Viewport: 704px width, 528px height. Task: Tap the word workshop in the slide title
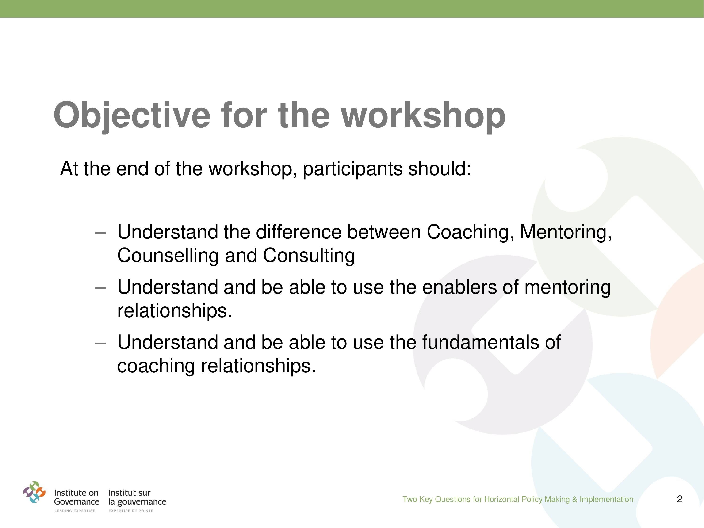tap(423, 115)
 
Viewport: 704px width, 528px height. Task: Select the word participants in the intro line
tap(352, 169)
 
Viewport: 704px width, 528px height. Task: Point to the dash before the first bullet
tap(100, 233)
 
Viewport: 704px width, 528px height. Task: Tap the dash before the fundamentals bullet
tap(100, 343)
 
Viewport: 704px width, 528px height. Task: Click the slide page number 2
tap(680, 499)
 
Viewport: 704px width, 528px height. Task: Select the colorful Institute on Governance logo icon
tap(34, 492)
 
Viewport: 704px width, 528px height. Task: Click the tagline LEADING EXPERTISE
tap(75, 511)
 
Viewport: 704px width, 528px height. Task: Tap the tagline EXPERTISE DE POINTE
tap(131, 511)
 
